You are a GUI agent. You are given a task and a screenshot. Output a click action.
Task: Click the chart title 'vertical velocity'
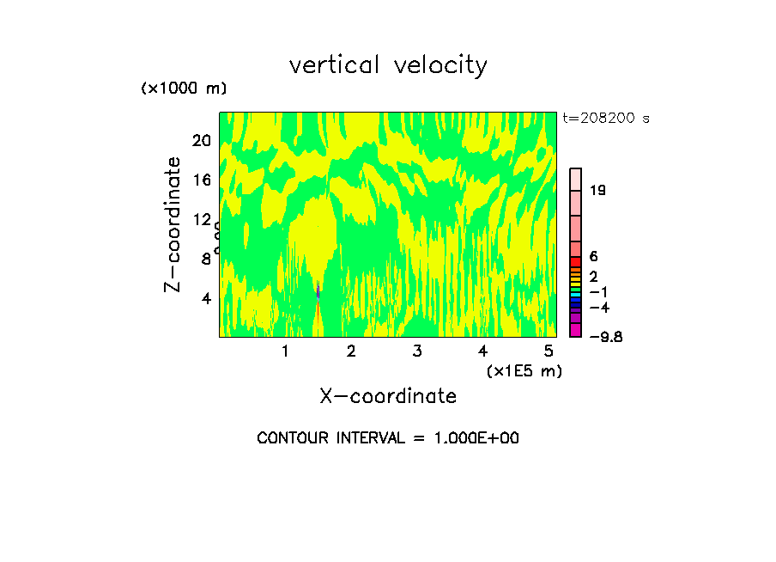(x=388, y=64)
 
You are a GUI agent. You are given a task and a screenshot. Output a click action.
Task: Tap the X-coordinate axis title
(x=388, y=396)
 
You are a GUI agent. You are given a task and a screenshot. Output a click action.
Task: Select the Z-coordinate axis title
(x=173, y=224)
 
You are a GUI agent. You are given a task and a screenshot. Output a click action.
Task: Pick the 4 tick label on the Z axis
(x=205, y=298)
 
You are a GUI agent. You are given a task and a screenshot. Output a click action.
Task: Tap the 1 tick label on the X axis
(x=285, y=351)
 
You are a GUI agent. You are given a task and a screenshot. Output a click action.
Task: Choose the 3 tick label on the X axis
(x=416, y=351)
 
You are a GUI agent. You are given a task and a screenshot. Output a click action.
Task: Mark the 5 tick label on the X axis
(x=548, y=351)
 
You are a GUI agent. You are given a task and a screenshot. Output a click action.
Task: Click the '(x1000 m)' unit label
(x=184, y=89)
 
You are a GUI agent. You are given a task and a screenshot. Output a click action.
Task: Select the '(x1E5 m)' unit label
(x=524, y=370)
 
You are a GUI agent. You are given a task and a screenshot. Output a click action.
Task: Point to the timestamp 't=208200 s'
(x=606, y=119)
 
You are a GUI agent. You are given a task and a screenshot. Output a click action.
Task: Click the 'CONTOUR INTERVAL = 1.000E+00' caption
(x=388, y=438)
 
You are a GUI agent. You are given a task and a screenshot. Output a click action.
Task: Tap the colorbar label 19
(x=598, y=190)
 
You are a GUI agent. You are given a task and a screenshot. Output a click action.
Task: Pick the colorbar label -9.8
(x=605, y=337)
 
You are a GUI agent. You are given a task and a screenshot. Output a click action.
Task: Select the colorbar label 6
(x=593, y=256)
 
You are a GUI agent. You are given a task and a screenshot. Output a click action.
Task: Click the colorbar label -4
(x=598, y=308)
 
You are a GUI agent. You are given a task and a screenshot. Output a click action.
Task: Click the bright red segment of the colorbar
(x=576, y=262)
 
